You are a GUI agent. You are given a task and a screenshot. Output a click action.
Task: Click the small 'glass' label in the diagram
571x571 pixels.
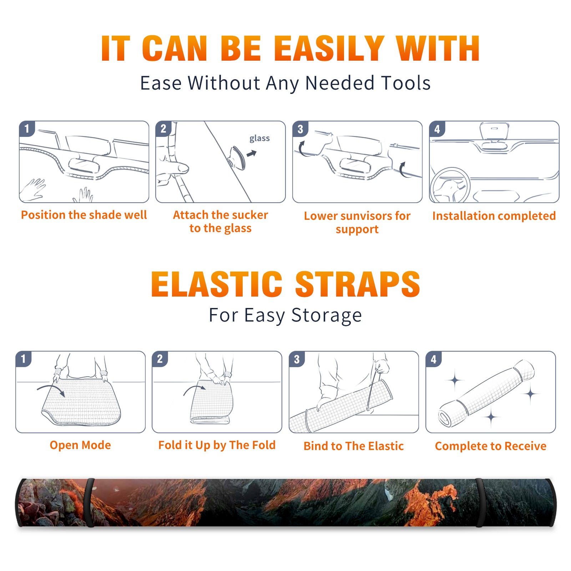259,138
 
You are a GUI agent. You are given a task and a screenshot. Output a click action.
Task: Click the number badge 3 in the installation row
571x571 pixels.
300,129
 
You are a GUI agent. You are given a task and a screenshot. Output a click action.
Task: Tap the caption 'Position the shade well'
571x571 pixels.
84,215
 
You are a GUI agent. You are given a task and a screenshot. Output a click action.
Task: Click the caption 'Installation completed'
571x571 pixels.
494,216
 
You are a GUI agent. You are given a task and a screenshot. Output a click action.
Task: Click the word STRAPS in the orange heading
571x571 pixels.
358,284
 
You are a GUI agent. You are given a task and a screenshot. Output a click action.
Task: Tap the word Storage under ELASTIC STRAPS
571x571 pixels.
327,315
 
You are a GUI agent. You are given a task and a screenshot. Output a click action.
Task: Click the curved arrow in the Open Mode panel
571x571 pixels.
51,389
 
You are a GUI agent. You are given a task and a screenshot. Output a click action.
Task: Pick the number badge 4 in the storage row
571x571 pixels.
434,359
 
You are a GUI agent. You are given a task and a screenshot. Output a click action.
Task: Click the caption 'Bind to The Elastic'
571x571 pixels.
354,446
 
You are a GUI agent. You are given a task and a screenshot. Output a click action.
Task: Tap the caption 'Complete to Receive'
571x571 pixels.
491,446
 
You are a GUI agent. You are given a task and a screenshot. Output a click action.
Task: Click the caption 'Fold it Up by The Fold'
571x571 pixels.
217,445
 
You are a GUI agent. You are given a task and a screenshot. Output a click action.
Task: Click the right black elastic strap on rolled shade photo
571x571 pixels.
479,502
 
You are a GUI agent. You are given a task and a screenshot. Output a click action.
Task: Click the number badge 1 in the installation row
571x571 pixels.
27,129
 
